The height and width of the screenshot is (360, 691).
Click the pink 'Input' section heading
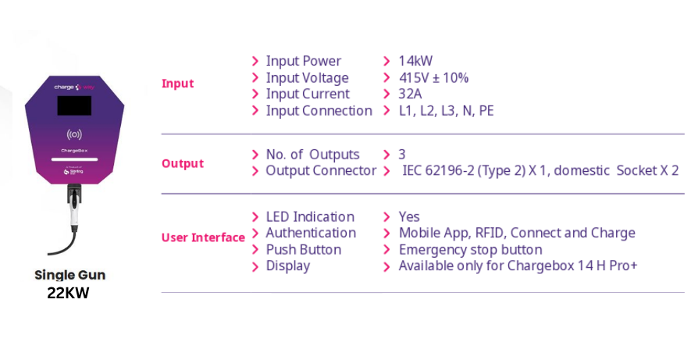pyautogui.click(x=177, y=84)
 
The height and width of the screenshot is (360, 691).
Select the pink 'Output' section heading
pyautogui.click(x=183, y=163)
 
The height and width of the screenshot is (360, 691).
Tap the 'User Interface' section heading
pyautogui.click(x=203, y=237)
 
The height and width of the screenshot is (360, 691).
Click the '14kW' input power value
pyautogui.click(x=415, y=61)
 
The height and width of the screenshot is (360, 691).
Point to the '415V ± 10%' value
pyautogui.click(x=433, y=77)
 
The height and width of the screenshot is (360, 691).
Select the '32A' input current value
pyautogui.click(x=410, y=94)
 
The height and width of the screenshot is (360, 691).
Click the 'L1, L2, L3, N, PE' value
pyautogui.click(x=446, y=111)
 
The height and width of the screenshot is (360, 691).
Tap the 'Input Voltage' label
pyautogui.click(x=307, y=78)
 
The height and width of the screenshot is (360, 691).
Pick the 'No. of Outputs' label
pyautogui.click(x=312, y=155)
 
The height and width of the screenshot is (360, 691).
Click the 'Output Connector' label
pyautogui.click(x=321, y=170)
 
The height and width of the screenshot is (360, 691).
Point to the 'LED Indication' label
pyautogui.click(x=310, y=217)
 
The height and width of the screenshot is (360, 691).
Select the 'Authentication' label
pyautogui.click(x=311, y=233)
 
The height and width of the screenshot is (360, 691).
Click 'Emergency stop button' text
pyautogui.click(x=470, y=250)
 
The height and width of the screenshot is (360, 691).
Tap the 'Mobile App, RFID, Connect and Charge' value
pyautogui.click(x=517, y=233)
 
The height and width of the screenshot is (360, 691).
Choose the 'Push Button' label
pyautogui.click(x=303, y=250)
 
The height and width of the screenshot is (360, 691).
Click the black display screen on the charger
pyautogui.click(x=74, y=105)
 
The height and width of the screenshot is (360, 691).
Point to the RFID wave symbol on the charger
pyautogui.click(x=74, y=134)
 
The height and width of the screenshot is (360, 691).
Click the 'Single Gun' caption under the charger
pyautogui.click(x=70, y=275)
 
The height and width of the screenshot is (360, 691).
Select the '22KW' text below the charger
pyautogui.click(x=68, y=293)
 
